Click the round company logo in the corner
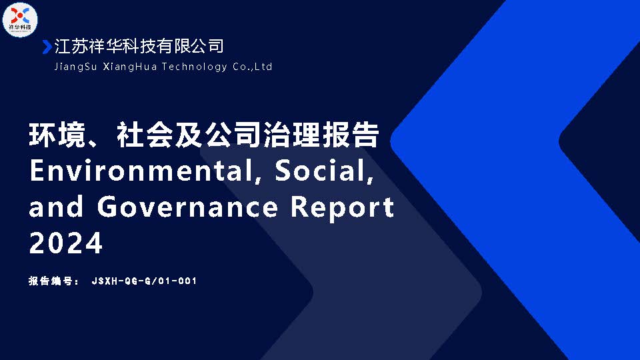tap(20, 19)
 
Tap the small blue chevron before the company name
tap(47, 47)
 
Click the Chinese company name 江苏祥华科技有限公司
tap(139, 46)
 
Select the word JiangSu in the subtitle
tap(75, 67)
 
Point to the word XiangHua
tap(130, 67)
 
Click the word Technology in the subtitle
tap(194, 67)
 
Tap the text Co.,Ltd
tap(252, 67)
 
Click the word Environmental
tap(145, 171)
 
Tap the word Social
tap(324, 171)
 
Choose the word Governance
tap(188, 207)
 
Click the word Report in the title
tap(342, 208)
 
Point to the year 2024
tap(66, 243)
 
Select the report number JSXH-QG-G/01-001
tap(145, 281)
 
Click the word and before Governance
tap(57, 207)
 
